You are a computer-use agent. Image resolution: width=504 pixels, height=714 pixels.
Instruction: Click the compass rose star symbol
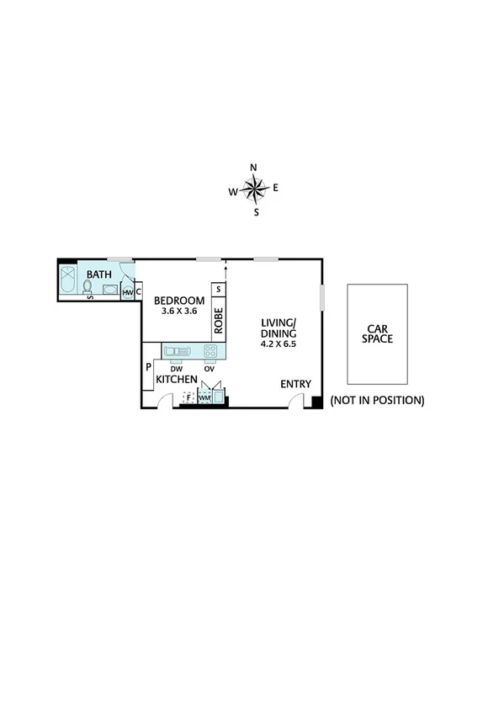[255, 189]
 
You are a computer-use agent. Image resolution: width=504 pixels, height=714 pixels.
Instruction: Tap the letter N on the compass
[254, 167]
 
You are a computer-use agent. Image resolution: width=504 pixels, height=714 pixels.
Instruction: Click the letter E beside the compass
[275, 188]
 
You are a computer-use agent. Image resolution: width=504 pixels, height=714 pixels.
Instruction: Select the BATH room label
[99, 274]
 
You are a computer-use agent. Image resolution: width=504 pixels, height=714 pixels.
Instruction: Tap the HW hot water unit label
[127, 292]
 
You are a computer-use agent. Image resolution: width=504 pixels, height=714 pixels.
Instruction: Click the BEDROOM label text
[179, 301]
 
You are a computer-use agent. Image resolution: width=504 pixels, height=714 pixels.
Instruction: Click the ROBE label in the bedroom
[218, 320]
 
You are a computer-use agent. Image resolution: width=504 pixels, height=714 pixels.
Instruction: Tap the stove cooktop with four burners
[210, 351]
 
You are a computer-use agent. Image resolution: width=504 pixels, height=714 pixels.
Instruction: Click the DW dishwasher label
[176, 369]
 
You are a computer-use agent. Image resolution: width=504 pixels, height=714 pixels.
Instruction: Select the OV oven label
[209, 369]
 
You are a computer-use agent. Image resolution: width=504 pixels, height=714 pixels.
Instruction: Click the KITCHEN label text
[176, 381]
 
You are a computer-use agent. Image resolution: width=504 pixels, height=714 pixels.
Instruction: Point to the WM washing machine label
[204, 397]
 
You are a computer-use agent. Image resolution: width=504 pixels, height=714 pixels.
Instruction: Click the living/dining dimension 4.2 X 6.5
[279, 344]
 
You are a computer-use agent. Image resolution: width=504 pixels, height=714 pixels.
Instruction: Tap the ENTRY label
[295, 385]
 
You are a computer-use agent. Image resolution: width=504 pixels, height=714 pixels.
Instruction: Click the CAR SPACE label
[377, 333]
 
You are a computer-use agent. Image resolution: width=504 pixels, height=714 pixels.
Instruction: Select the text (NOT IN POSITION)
[377, 400]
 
